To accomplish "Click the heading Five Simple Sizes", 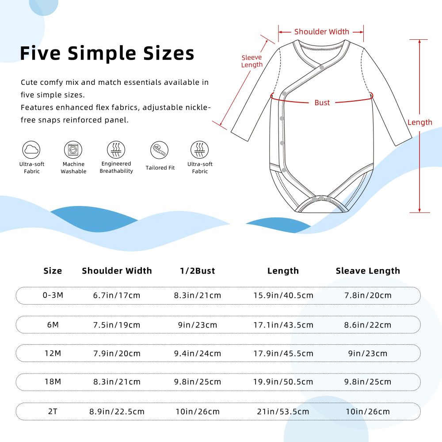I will point(107,53).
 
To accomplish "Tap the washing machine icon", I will point(73,150).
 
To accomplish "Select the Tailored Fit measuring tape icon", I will point(159,150).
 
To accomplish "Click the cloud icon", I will point(32,150).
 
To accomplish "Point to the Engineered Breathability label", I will point(116,168).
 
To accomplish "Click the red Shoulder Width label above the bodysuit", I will point(321,31).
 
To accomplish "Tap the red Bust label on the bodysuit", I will point(322,103).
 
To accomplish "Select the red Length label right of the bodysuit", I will point(419,122).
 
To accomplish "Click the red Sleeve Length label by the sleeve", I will point(252,61).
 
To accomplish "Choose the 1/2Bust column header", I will point(197,271).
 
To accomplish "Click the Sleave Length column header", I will point(368,271).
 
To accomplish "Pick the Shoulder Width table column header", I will point(117,271).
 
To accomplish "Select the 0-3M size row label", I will point(53,295).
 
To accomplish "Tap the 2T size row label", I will point(53,412).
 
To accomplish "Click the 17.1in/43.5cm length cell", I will point(283,325).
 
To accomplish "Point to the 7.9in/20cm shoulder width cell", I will point(117,353).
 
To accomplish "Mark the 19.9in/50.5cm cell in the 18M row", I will point(283,381).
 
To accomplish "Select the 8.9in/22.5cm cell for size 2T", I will point(117,412).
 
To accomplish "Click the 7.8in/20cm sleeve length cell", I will point(368,295).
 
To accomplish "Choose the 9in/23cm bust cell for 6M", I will point(197,325).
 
